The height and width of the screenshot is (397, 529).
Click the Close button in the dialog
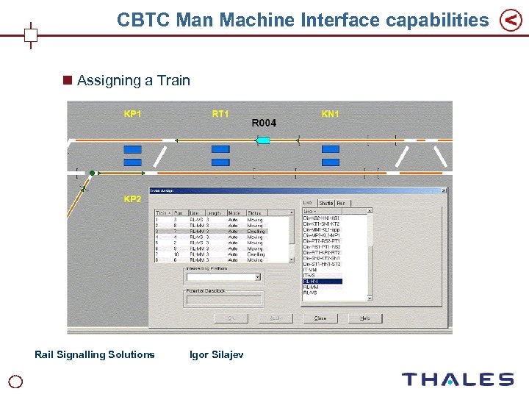pos(320,318)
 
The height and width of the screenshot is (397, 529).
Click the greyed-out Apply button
pos(276,318)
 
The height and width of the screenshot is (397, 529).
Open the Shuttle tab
pos(326,203)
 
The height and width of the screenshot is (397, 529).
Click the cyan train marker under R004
pos(263,140)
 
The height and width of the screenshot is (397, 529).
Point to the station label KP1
pos(133,114)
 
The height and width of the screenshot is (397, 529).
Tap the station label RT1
pos(220,114)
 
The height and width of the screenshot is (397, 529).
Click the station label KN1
pos(331,114)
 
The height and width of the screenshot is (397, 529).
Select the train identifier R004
pos(264,123)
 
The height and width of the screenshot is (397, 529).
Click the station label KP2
pos(133,199)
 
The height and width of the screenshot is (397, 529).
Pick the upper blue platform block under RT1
pos(220,149)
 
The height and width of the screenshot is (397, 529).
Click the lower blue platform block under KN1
pos(331,162)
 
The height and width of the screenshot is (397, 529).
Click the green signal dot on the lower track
pos(93,173)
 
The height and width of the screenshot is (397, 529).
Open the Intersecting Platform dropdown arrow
pos(257,277)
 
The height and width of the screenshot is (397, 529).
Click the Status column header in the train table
pos(256,212)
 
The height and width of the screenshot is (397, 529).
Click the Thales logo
pos(457,379)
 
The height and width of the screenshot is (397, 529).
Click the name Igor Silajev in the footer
pos(216,354)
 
